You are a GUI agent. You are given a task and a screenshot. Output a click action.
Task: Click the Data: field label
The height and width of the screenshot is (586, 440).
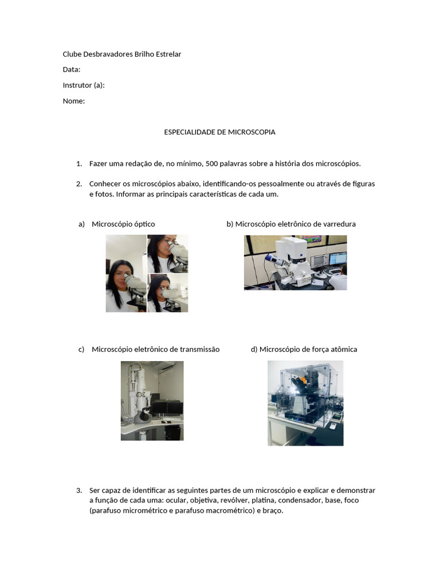[71, 70]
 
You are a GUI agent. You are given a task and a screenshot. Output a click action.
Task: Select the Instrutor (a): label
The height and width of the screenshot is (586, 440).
[83, 85]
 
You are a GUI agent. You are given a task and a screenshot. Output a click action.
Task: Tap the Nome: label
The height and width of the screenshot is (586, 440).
[73, 101]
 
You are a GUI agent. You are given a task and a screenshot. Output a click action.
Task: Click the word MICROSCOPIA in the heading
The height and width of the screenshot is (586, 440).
[252, 132]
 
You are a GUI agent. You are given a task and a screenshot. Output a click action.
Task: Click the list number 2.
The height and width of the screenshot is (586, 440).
[79, 184]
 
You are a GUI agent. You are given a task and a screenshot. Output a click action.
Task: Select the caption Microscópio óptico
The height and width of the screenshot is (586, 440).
[123, 224]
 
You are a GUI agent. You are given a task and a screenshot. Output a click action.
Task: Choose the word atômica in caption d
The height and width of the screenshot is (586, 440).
[343, 349]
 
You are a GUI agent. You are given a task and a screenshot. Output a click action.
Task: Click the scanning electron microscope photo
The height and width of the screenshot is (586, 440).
[295, 263]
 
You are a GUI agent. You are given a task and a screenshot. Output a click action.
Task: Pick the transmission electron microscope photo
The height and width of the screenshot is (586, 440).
[152, 401]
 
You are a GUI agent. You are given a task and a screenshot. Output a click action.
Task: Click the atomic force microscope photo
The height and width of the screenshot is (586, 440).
[305, 403]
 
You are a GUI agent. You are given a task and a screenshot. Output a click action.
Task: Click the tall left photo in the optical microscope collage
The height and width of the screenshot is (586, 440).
[126, 274]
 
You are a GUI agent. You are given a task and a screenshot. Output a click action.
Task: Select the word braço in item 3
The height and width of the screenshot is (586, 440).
[272, 510]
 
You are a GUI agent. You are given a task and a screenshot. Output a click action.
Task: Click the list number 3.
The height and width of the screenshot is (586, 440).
[79, 490]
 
